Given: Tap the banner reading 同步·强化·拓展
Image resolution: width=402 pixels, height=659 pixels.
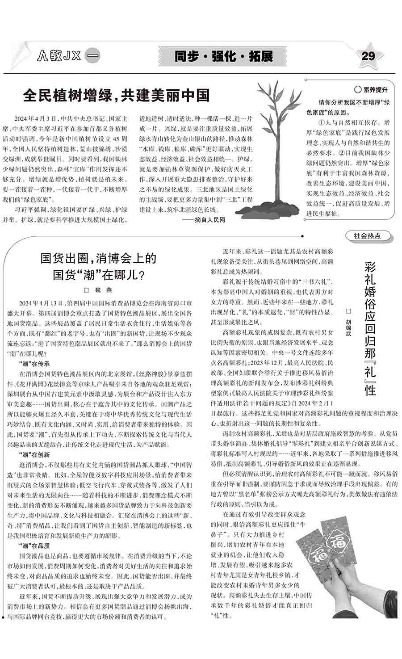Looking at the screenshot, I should [x=223, y=56].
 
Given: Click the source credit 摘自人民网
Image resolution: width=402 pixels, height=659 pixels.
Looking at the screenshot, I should [x=210, y=220].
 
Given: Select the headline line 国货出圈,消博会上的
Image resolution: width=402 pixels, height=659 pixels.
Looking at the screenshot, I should [x=99, y=258].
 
